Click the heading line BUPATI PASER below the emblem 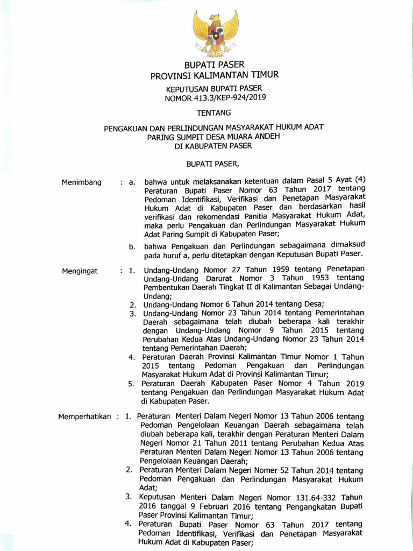[x=214, y=65]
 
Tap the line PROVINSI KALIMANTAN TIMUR [x=214, y=75]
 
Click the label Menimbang [x=82, y=182]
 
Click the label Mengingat [x=80, y=271]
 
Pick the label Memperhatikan [x=84, y=416]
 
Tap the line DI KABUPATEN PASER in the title [x=213, y=146]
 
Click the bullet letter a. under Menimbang [x=131, y=183]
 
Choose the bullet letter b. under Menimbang [x=131, y=246]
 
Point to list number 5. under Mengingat [x=131, y=384]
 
